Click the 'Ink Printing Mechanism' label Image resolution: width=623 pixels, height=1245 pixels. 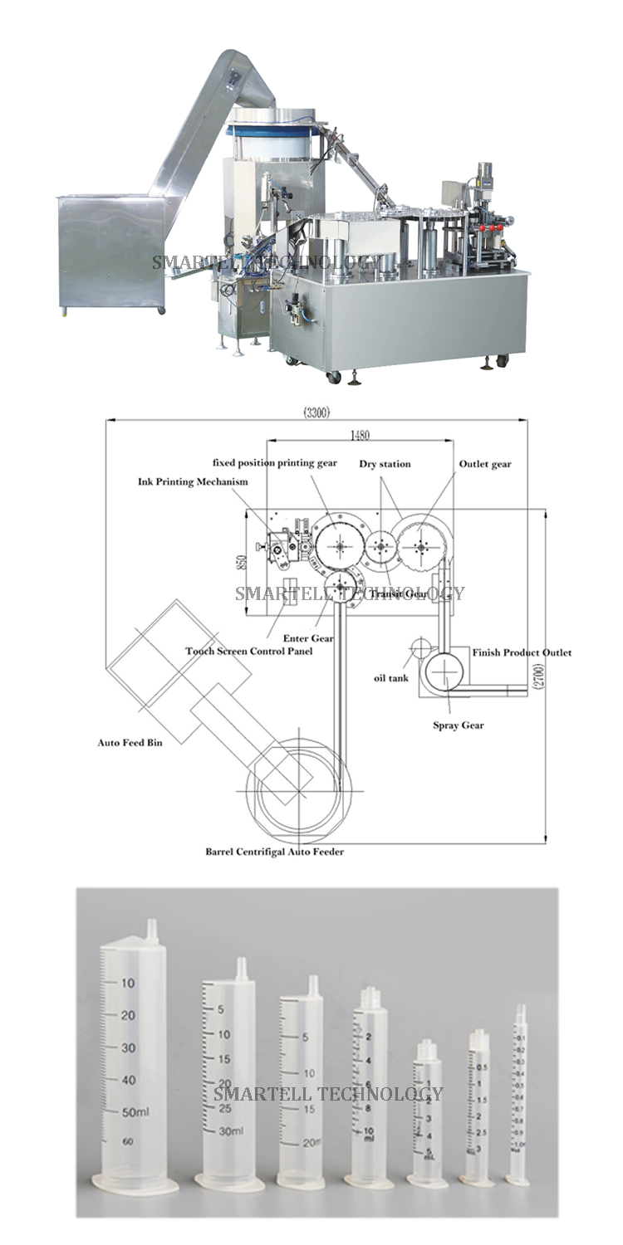pos(194,481)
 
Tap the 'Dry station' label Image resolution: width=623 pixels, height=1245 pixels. pos(385,464)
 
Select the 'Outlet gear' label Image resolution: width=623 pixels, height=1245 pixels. pos(485,464)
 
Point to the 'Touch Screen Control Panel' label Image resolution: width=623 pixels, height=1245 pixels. pos(248,652)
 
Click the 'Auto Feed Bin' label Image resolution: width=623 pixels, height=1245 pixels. pos(130,743)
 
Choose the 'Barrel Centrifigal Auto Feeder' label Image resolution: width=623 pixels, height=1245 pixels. pos(274,852)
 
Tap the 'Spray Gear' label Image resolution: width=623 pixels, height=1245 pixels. pos(459,725)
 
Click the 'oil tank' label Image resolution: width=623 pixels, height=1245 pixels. pos(390,678)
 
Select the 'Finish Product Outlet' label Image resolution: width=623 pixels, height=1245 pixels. pos(522,653)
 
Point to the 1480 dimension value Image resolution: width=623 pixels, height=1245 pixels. pos(360,435)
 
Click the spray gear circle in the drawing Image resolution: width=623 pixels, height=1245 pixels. pos(444,669)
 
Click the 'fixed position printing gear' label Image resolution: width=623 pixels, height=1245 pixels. pos(275,462)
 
